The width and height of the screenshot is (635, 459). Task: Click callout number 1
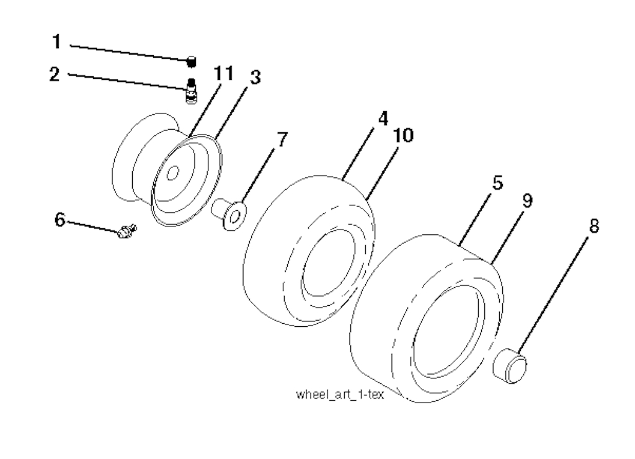57,42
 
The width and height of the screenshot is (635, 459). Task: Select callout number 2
55,74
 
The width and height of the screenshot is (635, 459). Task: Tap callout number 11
223,74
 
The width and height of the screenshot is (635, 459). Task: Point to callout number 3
255,77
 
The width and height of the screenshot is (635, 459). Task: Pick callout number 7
282,140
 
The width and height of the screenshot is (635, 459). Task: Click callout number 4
383,118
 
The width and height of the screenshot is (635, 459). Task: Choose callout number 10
403,135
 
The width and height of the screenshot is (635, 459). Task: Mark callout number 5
498,183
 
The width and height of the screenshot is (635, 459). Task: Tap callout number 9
527,200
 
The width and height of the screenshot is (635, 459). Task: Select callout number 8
593,226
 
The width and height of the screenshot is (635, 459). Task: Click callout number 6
60,220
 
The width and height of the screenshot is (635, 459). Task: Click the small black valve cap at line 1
191,62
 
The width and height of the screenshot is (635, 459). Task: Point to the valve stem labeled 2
192,91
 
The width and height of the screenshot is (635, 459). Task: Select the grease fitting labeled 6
127,231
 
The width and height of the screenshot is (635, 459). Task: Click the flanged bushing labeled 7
229,213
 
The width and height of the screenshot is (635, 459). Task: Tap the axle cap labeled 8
510,365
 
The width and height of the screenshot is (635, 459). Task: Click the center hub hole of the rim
173,173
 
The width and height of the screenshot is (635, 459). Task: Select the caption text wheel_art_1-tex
340,394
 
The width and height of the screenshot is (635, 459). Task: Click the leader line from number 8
553,295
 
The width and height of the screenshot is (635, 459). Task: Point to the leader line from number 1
129,53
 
